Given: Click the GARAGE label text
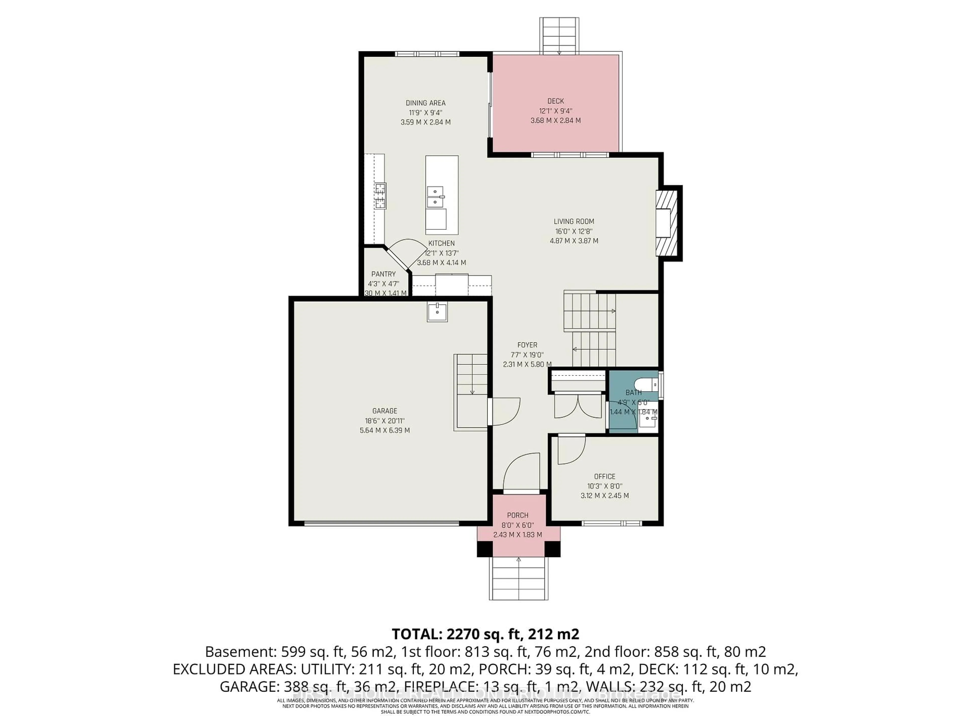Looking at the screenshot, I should click(385, 411).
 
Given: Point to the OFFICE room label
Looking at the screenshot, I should click(604, 476).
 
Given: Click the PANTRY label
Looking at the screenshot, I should click(383, 274).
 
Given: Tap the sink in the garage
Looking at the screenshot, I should click(437, 312).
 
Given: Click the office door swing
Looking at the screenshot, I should click(571, 450).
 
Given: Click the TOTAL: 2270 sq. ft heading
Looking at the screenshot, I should click(485, 634).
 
